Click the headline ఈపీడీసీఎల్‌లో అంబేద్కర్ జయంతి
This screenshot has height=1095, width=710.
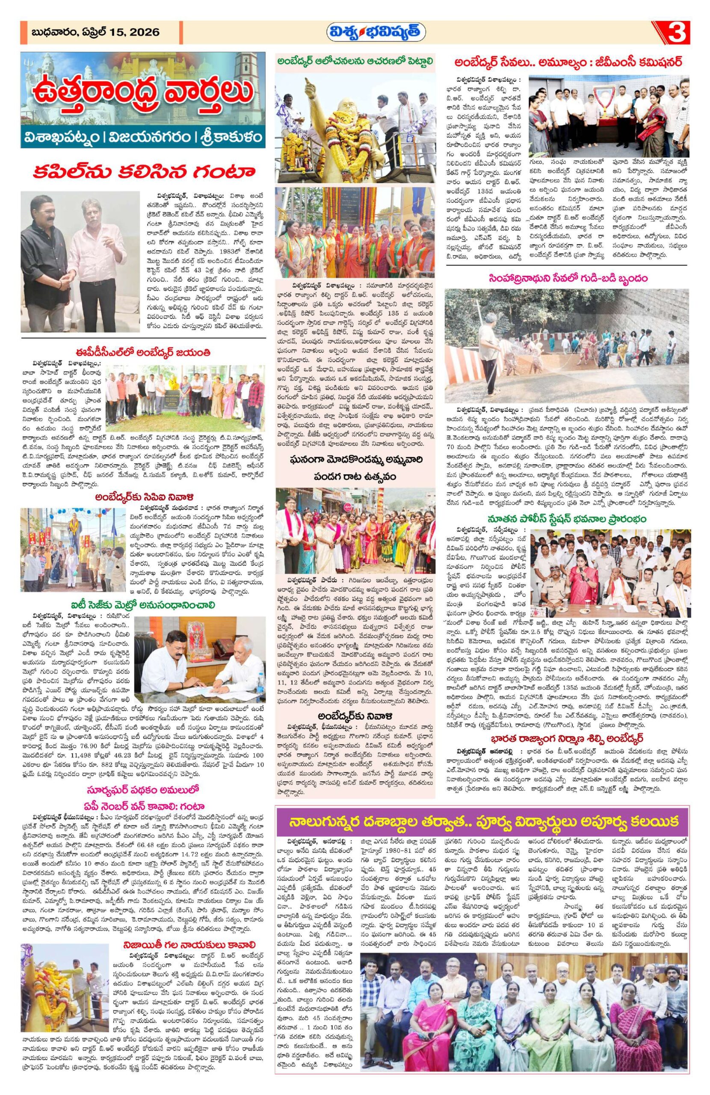(x=143, y=353)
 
